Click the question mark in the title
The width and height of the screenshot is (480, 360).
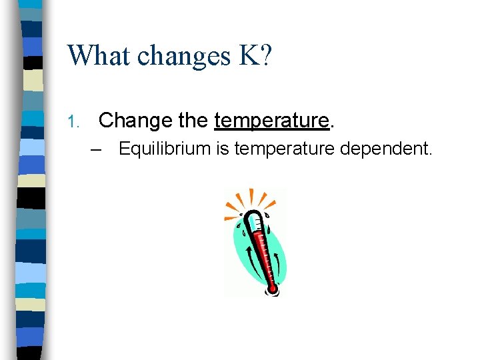[265, 55]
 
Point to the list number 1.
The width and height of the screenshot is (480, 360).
[73, 121]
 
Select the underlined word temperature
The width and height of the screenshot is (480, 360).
[271, 121]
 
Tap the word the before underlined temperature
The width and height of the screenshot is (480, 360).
[193, 121]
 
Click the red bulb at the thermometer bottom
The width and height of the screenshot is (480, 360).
[272, 289]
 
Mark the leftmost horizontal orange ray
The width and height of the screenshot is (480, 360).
[230, 217]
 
